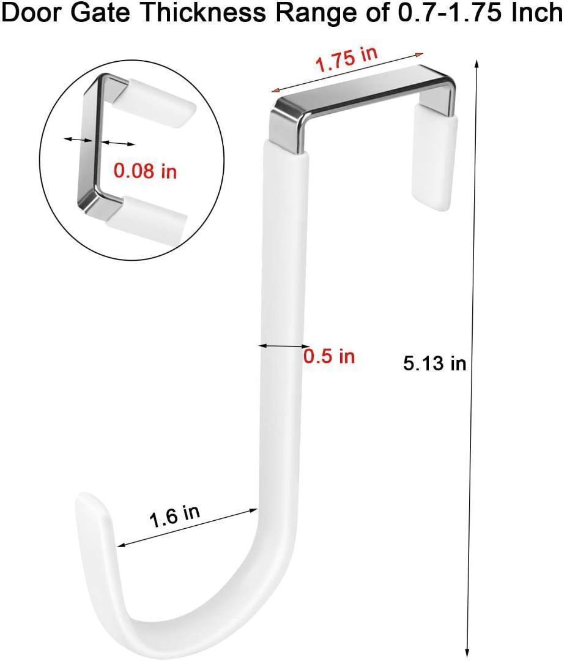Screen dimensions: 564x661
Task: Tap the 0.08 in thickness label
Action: (x=146, y=171)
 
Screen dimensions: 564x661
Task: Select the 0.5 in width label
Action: (x=329, y=356)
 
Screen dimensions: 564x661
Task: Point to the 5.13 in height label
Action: (x=435, y=363)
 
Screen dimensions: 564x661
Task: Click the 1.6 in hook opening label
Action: (x=175, y=516)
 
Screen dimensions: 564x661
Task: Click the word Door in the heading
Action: (x=32, y=13)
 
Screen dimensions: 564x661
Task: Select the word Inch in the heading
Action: (x=536, y=13)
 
